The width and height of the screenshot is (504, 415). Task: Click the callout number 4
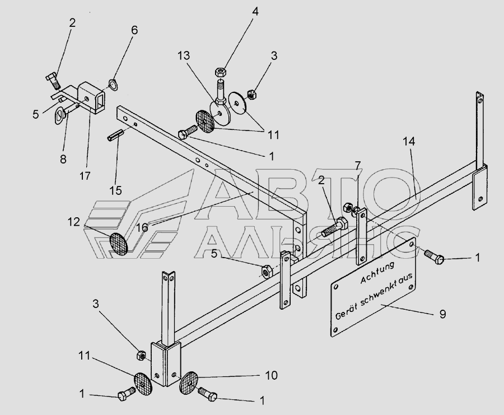pos(255,12)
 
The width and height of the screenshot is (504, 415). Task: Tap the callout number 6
pos(134,30)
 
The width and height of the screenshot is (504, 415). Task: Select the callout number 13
pos(184,55)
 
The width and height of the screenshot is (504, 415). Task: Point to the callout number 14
pos(409,141)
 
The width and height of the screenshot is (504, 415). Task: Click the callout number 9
pos(442,314)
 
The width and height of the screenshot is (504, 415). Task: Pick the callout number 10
pos(271,375)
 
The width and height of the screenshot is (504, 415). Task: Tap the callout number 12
pos(73,222)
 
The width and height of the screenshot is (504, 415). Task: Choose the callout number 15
pos(116,190)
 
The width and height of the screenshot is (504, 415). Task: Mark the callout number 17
pos(85,176)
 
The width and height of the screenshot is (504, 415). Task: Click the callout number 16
pos(142,227)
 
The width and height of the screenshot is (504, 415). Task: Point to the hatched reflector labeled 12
pos(119,243)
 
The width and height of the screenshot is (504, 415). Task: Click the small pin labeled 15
pos(115,136)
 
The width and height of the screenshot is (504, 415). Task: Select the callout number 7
pos(358,166)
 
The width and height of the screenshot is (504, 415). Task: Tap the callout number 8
pos(63,159)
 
